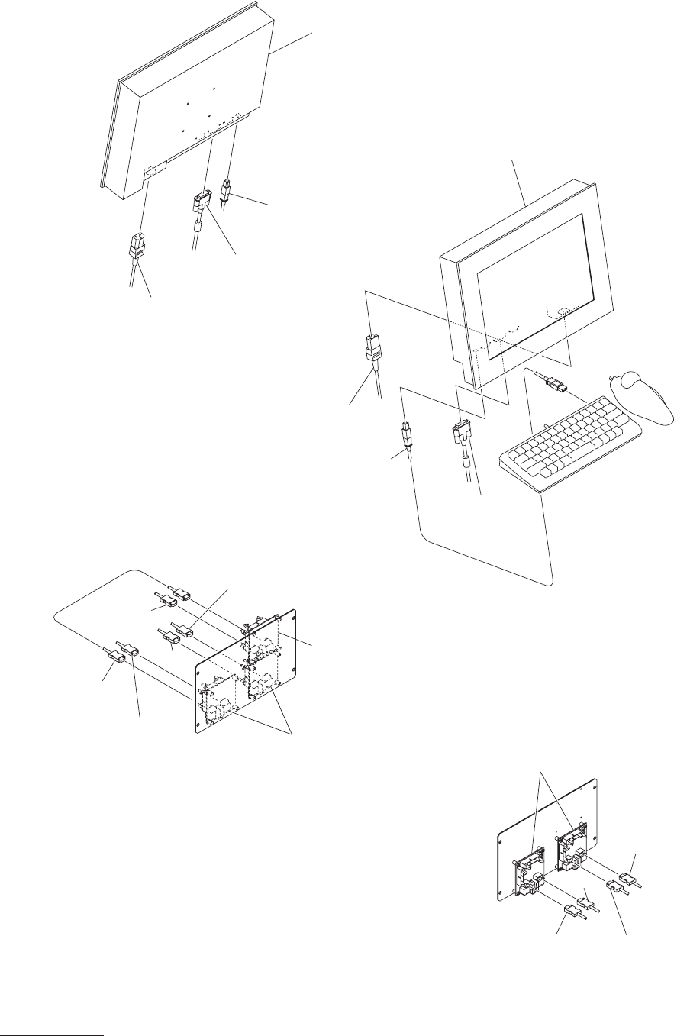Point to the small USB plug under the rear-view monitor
(x=227, y=189)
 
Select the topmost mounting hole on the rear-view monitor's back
(x=215, y=89)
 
